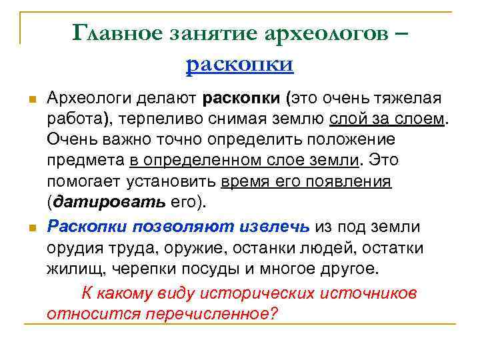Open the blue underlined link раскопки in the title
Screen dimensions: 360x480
pos(240,64)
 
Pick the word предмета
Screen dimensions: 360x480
pos(86,161)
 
